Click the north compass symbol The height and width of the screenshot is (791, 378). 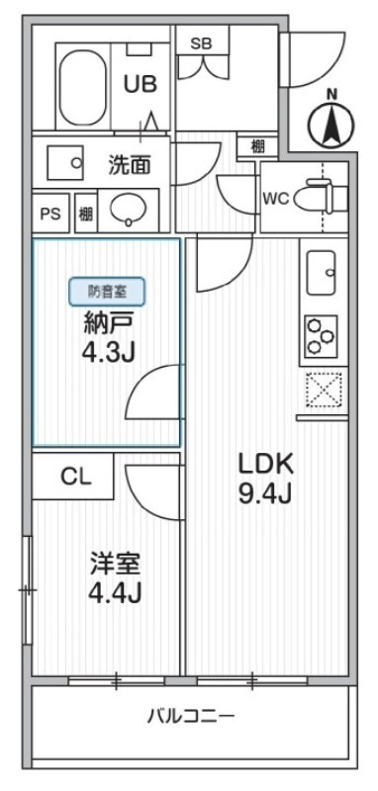pyautogui.click(x=331, y=124)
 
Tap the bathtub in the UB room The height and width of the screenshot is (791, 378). pyautogui.click(x=82, y=88)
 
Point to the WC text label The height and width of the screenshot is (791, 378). pyautogui.click(x=275, y=196)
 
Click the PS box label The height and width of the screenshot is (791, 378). pyautogui.click(x=48, y=213)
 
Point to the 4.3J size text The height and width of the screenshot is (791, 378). pyautogui.click(x=107, y=351)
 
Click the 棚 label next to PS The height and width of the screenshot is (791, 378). pyautogui.click(x=86, y=213)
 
